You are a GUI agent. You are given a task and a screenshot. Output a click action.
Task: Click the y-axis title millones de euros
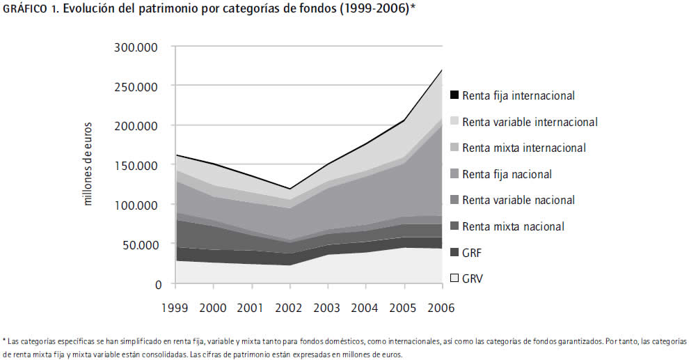coord(88,166)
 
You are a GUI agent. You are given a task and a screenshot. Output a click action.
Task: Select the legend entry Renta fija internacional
coord(518,95)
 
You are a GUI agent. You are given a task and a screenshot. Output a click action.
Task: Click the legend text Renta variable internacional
coord(530,122)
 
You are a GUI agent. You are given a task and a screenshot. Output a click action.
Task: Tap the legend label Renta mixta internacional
coord(523,148)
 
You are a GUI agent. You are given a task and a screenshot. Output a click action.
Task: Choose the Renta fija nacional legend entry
coord(507,174)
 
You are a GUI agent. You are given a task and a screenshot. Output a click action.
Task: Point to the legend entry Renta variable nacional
coord(518,200)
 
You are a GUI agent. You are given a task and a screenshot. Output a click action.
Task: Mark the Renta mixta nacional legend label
coord(513,226)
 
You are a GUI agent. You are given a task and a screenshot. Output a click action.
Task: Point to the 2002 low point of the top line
coord(290,189)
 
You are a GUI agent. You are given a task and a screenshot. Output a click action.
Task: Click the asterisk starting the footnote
coord(5,341)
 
